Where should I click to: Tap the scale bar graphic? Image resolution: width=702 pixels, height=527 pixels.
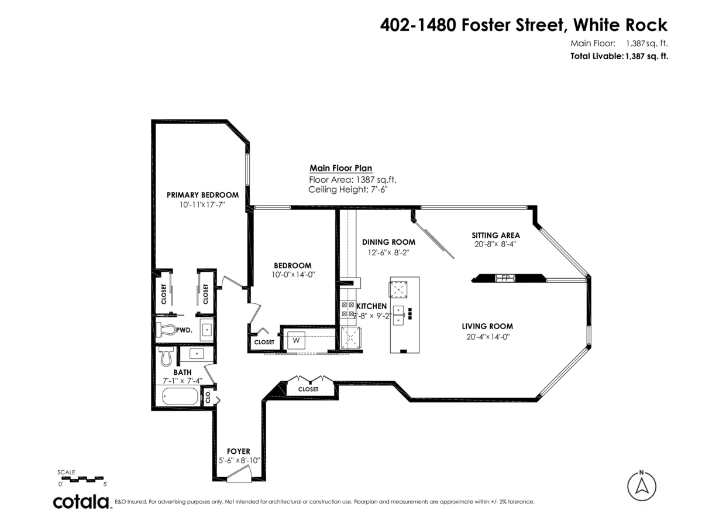82,478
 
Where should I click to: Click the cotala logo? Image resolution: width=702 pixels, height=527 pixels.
81,502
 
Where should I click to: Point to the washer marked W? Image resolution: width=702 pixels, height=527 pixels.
296,340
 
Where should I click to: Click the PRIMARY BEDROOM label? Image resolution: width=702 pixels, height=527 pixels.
202,195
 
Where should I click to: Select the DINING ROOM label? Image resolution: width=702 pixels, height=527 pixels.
388,242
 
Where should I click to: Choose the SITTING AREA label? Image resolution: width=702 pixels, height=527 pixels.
495,235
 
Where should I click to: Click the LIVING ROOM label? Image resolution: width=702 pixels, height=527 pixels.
487,326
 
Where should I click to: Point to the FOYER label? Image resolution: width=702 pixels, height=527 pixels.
238,451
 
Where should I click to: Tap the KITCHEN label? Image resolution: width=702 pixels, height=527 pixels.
372,306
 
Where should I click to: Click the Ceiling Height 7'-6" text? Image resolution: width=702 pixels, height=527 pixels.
348,190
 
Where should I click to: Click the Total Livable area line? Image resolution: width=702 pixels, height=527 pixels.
619,56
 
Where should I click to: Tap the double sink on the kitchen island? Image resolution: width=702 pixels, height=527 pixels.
399,314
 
